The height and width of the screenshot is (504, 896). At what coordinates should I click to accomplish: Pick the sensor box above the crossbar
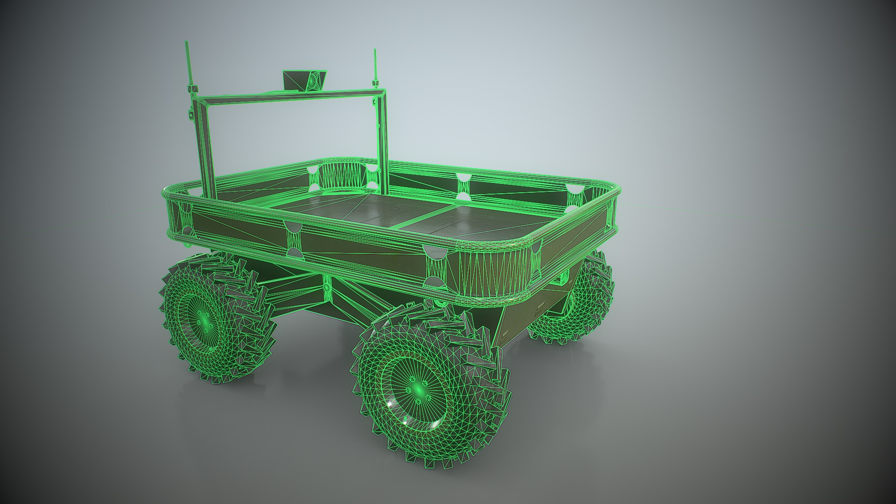pyautogui.click(x=305, y=80)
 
